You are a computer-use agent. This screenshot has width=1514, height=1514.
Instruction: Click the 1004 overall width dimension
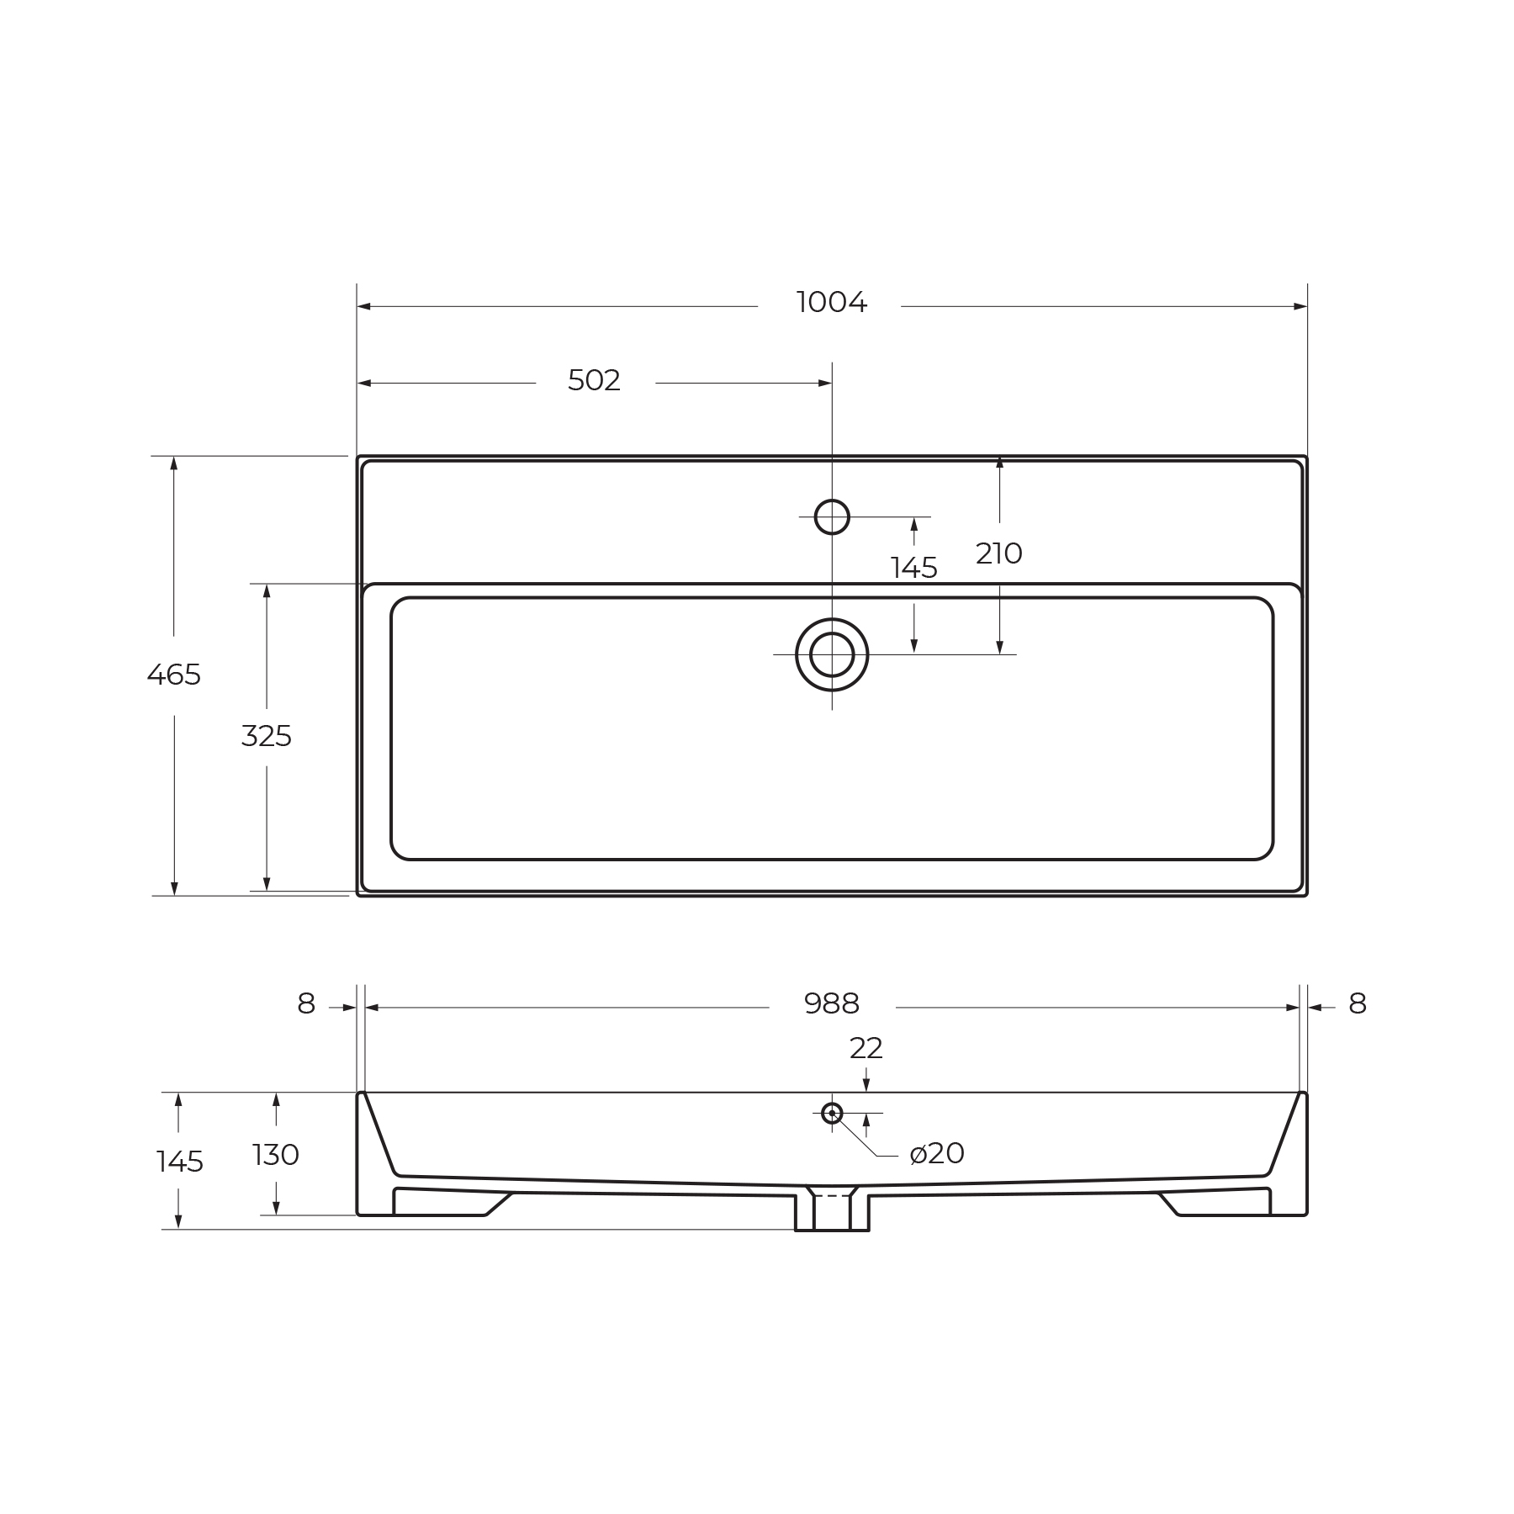[831, 303]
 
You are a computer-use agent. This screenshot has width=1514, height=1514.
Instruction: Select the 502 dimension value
[594, 381]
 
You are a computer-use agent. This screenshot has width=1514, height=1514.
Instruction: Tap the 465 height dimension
[174, 675]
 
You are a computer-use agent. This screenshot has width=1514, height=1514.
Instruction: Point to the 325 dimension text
[266, 737]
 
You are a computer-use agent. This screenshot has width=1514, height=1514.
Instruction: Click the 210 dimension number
[998, 553]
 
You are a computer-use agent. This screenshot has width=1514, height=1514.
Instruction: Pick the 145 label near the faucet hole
[913, 569]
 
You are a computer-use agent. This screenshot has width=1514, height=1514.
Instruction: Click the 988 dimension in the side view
[831, 1003]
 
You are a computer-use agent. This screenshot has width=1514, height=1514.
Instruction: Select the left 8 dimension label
[306, 1003]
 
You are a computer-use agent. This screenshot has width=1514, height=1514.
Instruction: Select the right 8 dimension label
[1357, 1003]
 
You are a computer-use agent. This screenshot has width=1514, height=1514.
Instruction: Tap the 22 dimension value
[866, 1048]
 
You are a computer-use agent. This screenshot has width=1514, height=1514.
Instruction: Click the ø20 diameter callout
[937, 1153]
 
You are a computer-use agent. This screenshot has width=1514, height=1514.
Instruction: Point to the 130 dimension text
[276, 1155]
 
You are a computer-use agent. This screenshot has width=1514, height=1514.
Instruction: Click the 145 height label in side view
[180, 1162]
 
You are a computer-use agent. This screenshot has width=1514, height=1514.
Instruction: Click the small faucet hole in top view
[832, 516]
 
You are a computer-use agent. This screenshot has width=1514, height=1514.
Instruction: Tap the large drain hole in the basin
[832, 654]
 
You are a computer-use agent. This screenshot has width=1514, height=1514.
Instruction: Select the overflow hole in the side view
[832, 1113]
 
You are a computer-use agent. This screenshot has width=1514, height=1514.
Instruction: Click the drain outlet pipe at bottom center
[832, 1212]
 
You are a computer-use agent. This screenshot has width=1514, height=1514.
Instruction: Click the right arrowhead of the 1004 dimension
[1300, 306]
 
